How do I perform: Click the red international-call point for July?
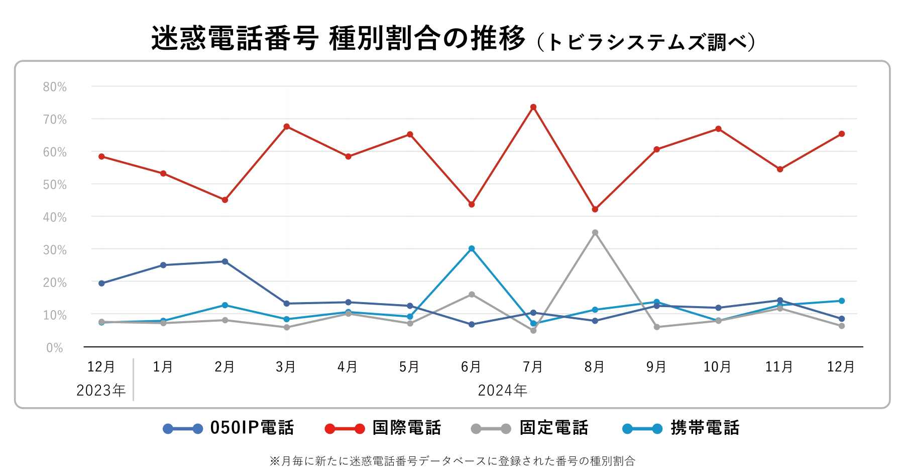click(533, 107)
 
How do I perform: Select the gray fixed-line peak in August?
click(595, 233)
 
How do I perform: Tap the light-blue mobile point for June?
click(472, 249)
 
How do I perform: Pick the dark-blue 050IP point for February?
click(225, 261)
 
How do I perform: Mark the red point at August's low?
click(595, 209)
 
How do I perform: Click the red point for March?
click(287, 127)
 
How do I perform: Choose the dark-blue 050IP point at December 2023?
click(101, 283)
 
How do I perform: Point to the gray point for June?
click(472, 295)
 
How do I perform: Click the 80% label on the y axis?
click(55, 87)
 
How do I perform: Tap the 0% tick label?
click(55, 348)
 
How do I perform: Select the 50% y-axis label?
click(55, 185)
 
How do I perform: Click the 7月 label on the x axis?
click(533, 367)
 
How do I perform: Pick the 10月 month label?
click(717, 367)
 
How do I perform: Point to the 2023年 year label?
click(101, 391)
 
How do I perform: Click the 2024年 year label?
click(502, 391)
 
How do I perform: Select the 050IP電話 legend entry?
click(229, 428)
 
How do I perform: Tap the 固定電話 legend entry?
click(530, 428)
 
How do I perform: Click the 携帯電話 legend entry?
click(682, 428)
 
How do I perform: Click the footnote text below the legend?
click(452, 461)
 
